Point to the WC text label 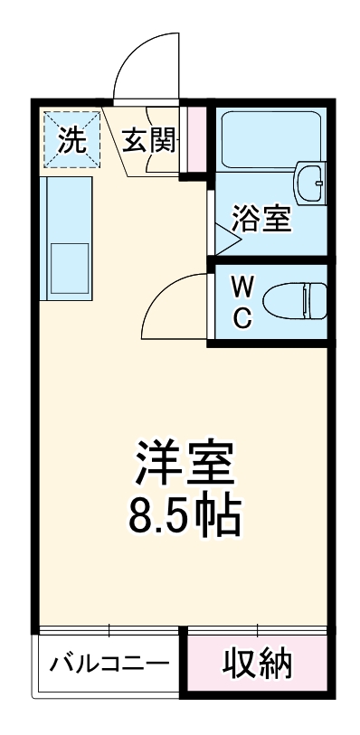tap(242, 303)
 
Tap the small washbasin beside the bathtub tap(312, 184)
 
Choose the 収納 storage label tap(257, 664)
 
